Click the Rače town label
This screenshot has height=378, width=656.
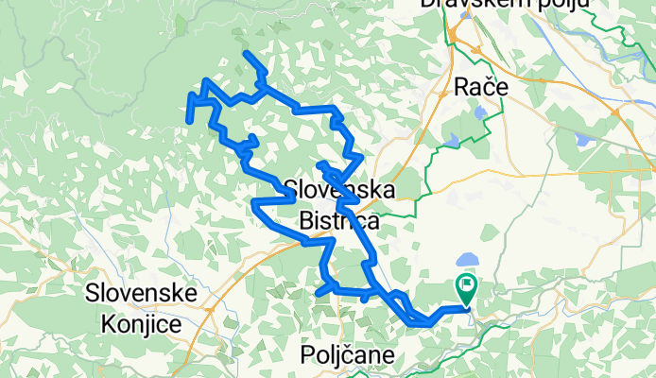point(481,86)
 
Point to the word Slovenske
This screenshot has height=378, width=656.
point(141,293)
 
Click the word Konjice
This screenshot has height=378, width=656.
point(141,323)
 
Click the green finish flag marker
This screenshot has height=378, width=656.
point(467,284)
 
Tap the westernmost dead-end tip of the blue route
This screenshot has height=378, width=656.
point(190,121)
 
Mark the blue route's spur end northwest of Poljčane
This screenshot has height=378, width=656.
point(318,294)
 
